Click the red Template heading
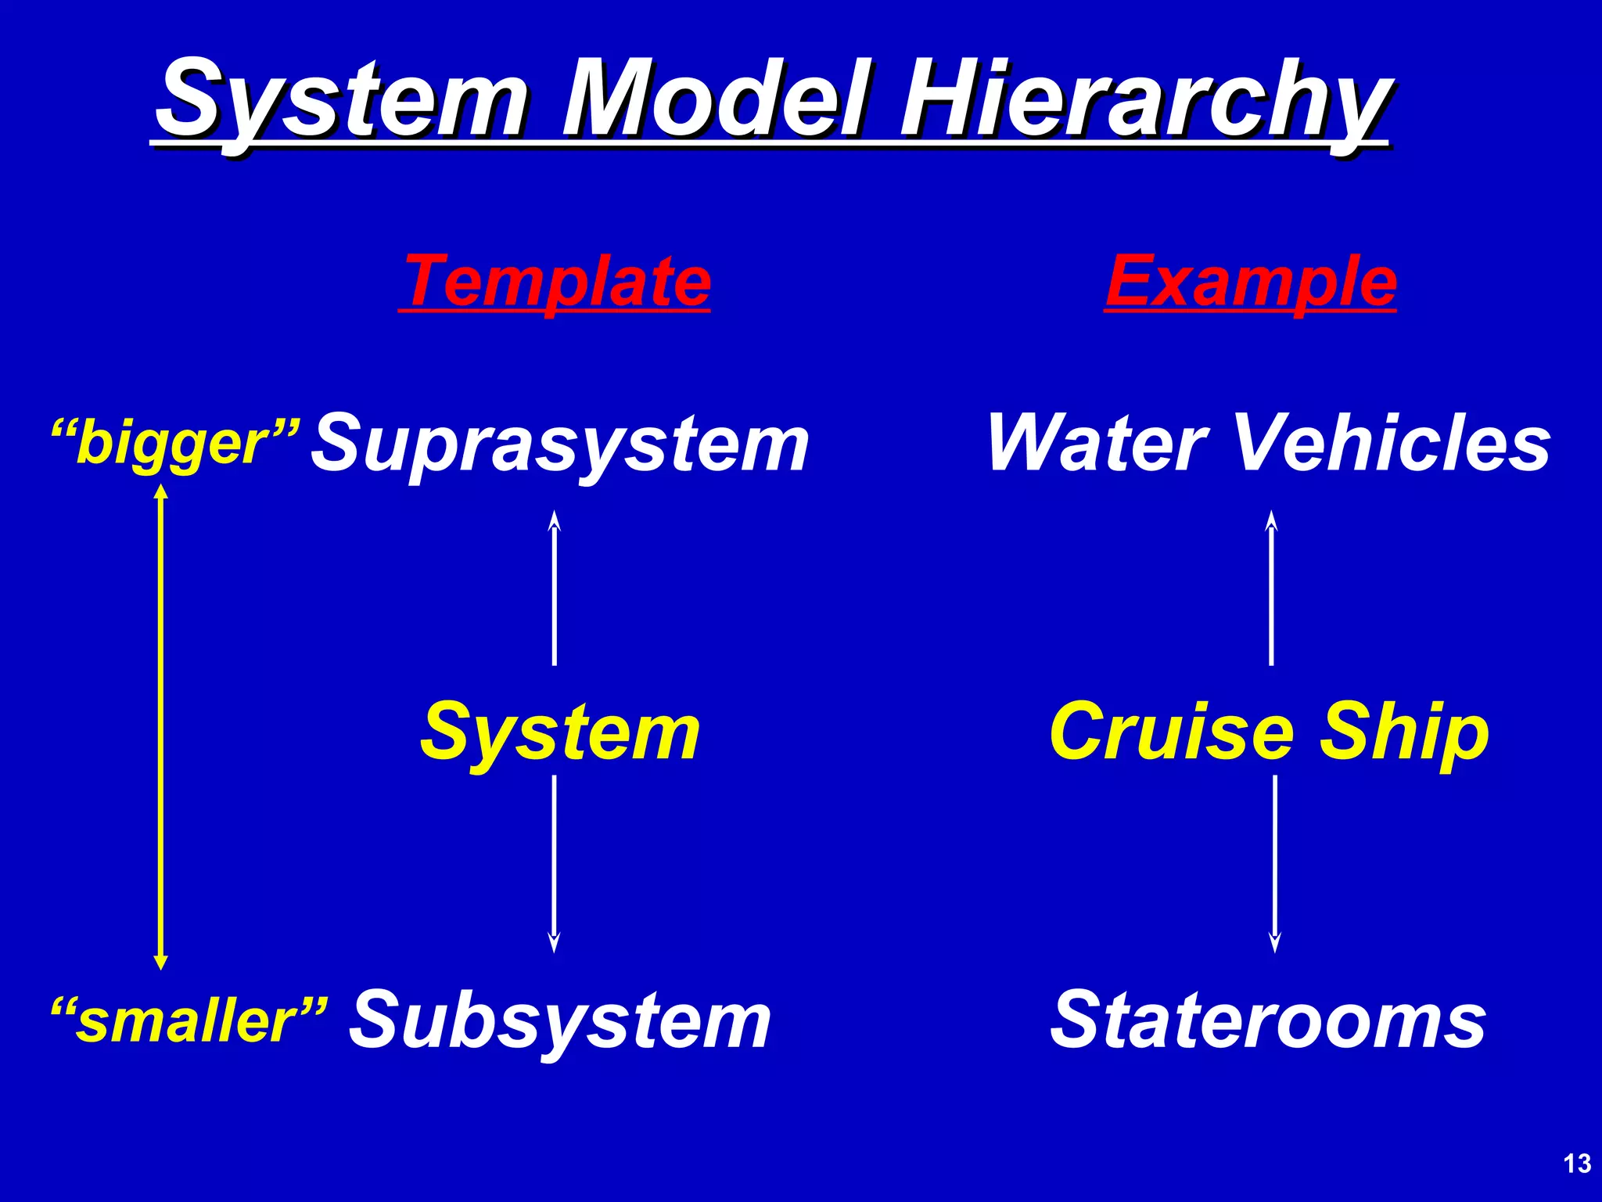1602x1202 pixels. pyautogui.click(x=555, y=281)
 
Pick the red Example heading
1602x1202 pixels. pyautogui.click(x=1251, y=281)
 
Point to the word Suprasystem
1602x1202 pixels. pyautogui.click(x=560, y=444)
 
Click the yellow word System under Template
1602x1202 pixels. pyautogui.click(x=560, y=732)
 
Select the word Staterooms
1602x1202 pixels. pyautogui.click(x=1267, y=1020)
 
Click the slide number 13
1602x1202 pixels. pyautogui.click(x=1577, y=1164)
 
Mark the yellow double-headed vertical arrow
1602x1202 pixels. pyautogui.click(x=161, y=727)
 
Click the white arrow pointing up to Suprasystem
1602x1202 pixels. pyautogui.click(x=555, y=588)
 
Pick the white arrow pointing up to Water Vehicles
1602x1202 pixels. pyautogui.click(x=1271, y=588)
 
